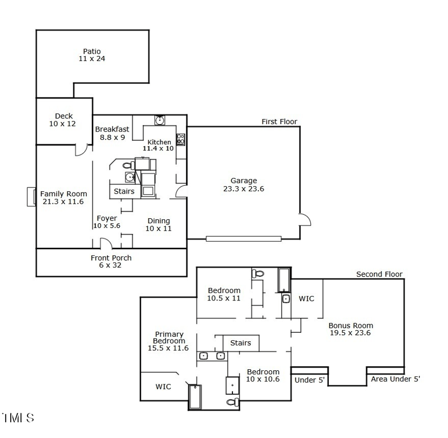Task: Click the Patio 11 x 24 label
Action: (x=92, y=55)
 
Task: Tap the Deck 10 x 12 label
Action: (x=64, y=120)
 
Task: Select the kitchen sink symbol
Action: (x=160, y=120)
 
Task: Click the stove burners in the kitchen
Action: (x=181, y=139)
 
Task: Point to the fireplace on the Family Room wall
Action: (x=31, y=197)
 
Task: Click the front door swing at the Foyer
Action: (x=105, y=244)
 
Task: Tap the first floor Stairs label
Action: (x=124, y=191)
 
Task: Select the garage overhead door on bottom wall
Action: (x=244, y=239)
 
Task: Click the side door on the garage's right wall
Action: (x=304, y=219)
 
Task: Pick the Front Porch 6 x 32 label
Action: (x=111, y=261)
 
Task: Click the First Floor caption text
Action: (x=279, y=121)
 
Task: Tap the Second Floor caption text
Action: (x=379, y=274)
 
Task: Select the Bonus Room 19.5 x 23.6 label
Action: (x=351, y=329)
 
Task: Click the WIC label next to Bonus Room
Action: (x=306, y=299)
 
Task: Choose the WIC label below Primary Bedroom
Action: (x=164, y=387)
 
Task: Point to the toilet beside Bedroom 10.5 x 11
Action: (x=258, y=274)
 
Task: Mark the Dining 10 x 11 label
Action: (x=158, y=224)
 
